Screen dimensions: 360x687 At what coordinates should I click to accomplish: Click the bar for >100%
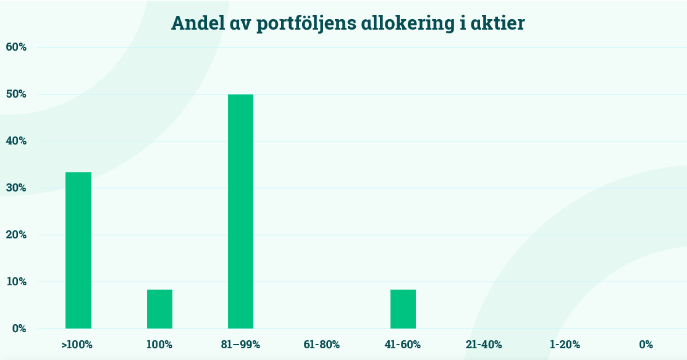pyautogui.click(x=78, y=250)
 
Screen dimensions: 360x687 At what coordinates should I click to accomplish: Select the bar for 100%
pyautogui.click(x=159, y=309)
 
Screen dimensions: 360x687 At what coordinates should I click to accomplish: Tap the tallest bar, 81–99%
pyautogui.click(x=240, y=211)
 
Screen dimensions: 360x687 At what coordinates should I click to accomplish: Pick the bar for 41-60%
pyautogui.click(x=403, y=309)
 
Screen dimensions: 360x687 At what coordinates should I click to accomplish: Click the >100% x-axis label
pyautogui.click(x=77, y=345)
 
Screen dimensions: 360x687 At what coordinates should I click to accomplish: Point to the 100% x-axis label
pyautogui.click(x=159, y=345)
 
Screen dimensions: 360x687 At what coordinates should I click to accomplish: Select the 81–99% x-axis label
pyautogui.click(x=240, y=345)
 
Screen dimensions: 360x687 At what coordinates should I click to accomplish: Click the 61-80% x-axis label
pyautogui.click(x=321, y=345)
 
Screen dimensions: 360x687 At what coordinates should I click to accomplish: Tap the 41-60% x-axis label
pyautogui.click(x=403, y=345)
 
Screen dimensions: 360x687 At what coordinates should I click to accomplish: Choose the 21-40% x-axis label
pyautogui.click(x=484, y=345)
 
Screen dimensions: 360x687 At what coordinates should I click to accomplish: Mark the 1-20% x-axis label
pyautogui.click(x=565, y=345)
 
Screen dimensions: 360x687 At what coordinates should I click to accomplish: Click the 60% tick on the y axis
pyautogui.click(x=16, y=47)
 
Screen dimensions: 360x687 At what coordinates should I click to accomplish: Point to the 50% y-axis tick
pyautogui.click(x=16, y=94)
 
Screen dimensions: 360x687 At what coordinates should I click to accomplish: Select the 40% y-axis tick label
pyautogui.click(x=16, y=141)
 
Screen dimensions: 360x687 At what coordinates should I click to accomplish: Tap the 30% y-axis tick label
pyautogui.click(x=16, y=188)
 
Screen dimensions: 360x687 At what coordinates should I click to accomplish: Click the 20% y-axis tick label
pyautogui.click(x=16, y=235)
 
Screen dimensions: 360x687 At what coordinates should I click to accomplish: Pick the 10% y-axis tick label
pyautogui.click(x=16, y=282)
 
